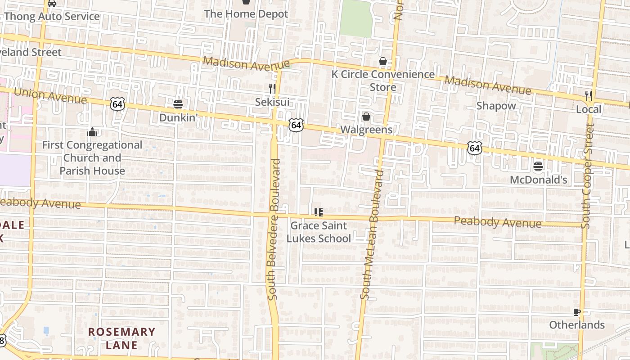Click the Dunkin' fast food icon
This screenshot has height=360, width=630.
click(178, 104)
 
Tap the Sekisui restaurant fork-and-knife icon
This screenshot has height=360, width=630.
click(272, 88)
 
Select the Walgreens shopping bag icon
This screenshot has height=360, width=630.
click(366, 117)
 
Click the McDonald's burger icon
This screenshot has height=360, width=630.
click(538, 166)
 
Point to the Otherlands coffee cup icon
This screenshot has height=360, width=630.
click(577, 312)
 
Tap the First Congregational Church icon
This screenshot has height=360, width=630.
click(92, 132)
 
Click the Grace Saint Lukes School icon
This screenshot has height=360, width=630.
click(319, 212)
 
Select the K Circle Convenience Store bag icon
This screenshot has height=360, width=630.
click(383, 61)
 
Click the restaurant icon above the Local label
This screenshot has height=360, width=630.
click(588, 95)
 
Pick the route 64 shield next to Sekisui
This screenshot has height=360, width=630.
click(296, 125)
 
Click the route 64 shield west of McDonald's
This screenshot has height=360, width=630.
click(475, 147)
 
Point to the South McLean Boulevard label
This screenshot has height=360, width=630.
click(373, 234)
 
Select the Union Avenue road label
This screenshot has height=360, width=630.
click(50, 95)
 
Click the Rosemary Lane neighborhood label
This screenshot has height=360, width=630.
click(121, 338)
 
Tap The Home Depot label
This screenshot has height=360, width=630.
click(246, 14)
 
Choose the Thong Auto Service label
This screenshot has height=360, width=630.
click(52, 17)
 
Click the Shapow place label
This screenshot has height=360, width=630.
click(496, 106)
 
